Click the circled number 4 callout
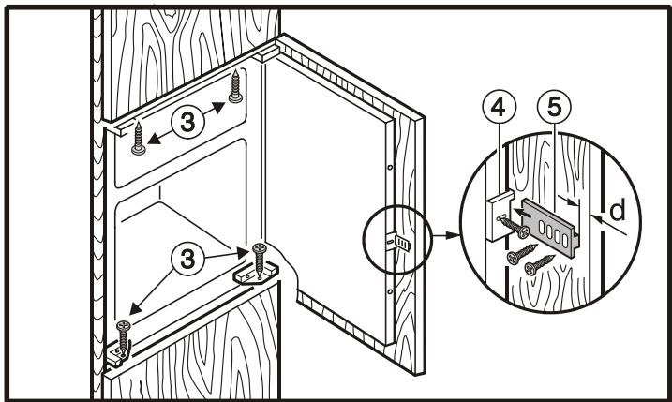tap(499, 107)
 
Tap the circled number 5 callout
tap(554, 107)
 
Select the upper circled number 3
tap(187, 122)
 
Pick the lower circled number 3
tap(187, 259)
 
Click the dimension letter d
tap(617, 210)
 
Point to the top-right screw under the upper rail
tap(235, 86)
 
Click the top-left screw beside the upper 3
tap(139, 138)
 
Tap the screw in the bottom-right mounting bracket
tap(260, 261)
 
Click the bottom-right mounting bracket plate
tap(256, 273)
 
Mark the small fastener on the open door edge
tap(398, 242)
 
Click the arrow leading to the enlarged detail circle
tap(446, 235)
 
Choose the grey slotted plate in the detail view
tap(550, 228)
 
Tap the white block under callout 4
tap(500, 216)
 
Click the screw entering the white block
tap(513, 226)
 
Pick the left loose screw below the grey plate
tap(522, 254)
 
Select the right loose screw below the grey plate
tap(540, 264)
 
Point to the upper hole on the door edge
tap(390, 167)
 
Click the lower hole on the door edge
tap(390, 291)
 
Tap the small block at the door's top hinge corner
tap(266, 54)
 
